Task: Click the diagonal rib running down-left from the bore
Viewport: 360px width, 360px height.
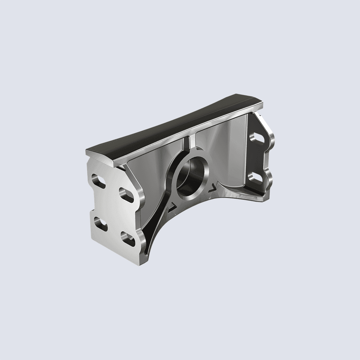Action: click(158, 216)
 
